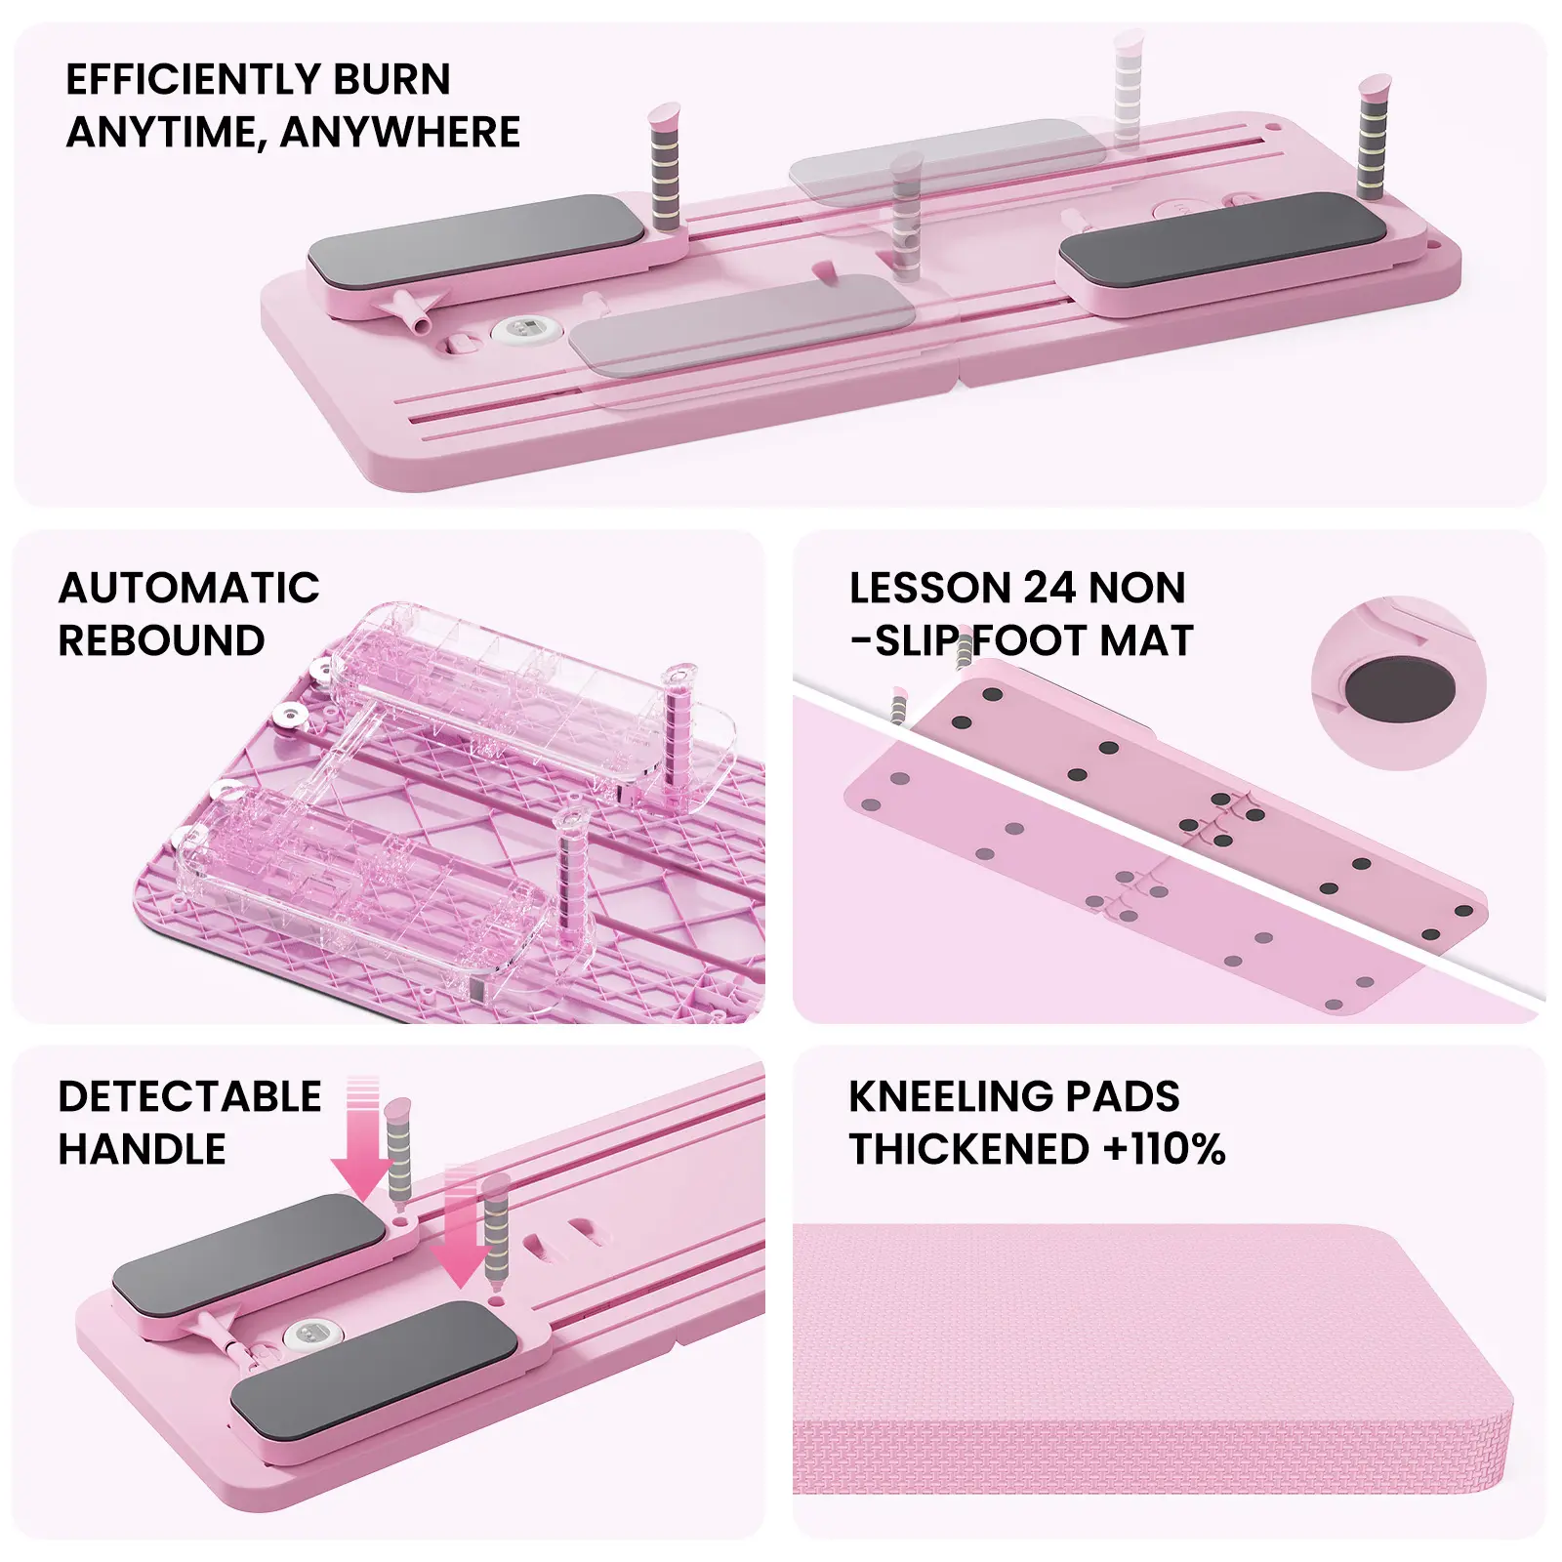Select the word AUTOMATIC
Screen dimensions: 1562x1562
pyautogui.click(x=188, y=589)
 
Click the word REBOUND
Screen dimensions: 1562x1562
pyautogui.click(x=161, y=641)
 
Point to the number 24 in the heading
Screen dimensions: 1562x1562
pyautogui.click(x=1049, y=589)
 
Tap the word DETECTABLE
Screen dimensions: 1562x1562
pyautogui.click(x=189, y=1097)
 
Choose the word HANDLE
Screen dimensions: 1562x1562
pyautogui.click(x=142, y=1150)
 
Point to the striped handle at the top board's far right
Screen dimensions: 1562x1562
pyautogui.click(x=1373, y=137)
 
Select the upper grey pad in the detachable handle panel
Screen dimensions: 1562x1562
pyautogui.click(x=249, y=1245)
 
